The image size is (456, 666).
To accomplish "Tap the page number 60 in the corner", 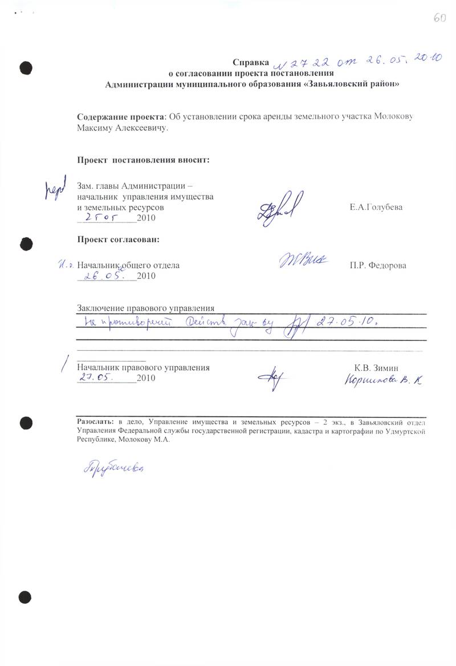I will (x=439, y=18).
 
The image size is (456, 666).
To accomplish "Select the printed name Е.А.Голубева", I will (x=376, y=207).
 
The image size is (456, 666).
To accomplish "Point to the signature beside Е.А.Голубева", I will (x=280, y=209).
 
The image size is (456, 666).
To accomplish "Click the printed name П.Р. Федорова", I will (x=378, y=266).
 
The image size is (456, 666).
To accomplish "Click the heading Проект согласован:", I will (x=118, y=239).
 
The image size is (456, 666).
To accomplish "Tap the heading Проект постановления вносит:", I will (x=144, y=160).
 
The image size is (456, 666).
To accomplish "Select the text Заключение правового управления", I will (x=145, y=308).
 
